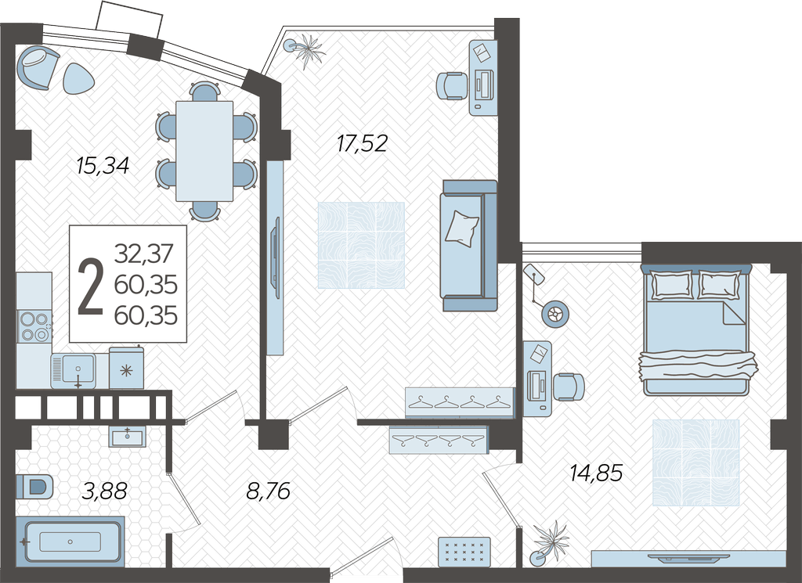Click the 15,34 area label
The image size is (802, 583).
point(103,166)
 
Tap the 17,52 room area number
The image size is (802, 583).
point(362,143)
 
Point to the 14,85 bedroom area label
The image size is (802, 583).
point(596,473)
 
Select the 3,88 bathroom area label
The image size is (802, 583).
point(104,491)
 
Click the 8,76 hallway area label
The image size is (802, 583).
point(268,491)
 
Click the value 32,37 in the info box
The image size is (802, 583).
point(144,254)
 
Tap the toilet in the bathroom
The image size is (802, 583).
point(34,486)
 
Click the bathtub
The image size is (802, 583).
point(70,542)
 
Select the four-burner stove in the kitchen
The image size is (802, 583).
point(34,326)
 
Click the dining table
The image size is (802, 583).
point(204,151)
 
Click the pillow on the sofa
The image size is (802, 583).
point(462,229)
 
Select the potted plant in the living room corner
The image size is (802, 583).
point(306,50)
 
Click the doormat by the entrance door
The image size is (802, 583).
point(464,552)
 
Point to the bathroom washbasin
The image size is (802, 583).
point(128,437)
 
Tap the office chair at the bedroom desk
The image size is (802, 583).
point(569,387)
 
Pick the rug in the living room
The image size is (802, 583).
point(361,245)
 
